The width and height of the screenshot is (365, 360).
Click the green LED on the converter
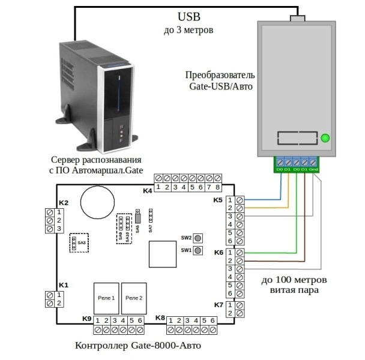pyautogui.click(x=325, y=139)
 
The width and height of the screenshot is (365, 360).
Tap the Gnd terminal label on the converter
pyautogui.click(x=314, y=169)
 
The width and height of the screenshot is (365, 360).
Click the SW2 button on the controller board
pyautogui.click(x=198, y=238)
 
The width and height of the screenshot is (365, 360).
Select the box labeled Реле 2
pyautogui.click(x=133, y=298)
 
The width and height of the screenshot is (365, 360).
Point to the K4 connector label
pyautogui.click(x=147, y=190)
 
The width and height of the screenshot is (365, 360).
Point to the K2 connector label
pyautogui.click(x=63, y=203)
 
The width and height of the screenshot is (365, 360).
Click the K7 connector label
pyautogui.click(x=219, y=305)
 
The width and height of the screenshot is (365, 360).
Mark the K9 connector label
pyautogui.click(x=86, y=318)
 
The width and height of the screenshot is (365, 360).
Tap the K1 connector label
pyautogui.click(x=63, y=284)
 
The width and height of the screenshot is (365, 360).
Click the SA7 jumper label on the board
pyautogui.click(x=151, y=227)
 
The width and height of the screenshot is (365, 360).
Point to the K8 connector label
pyautogui.click(x=160, y=318)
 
